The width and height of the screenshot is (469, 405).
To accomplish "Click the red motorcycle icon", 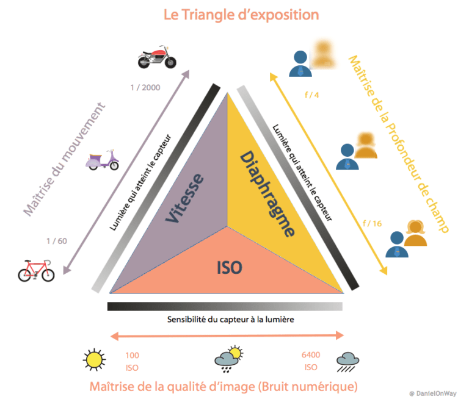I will tap(158, 56).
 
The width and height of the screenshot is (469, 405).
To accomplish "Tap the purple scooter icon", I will tap(103, 159).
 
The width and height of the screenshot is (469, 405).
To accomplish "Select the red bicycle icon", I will tap(36, 270).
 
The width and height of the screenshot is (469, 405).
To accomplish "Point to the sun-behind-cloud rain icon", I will tap(228, 360).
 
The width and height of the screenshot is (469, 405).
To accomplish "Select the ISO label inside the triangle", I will tap(230, 267).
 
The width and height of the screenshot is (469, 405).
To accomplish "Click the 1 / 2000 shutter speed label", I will tap(145, 88).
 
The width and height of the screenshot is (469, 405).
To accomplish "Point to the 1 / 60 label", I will tap(56, 241).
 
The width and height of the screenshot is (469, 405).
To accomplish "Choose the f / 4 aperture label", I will tap(311, 95).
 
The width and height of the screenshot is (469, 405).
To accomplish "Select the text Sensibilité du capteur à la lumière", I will tap(227, 320).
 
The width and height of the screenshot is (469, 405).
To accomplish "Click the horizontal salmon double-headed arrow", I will tap(227, 335).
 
